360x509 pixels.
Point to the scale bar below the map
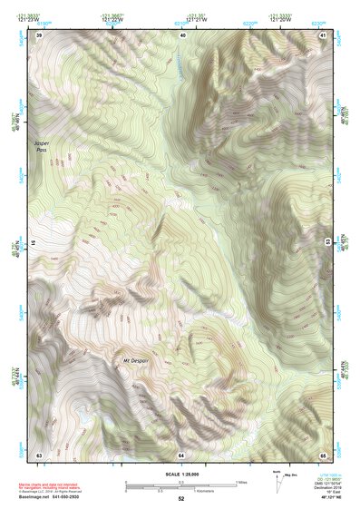[180, 485]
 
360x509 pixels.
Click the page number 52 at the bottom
[180, 499]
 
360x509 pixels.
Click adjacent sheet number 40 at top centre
[182, 34]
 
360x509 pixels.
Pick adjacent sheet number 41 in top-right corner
[323, 34]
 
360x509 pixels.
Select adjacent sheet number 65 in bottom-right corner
[323, 454]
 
